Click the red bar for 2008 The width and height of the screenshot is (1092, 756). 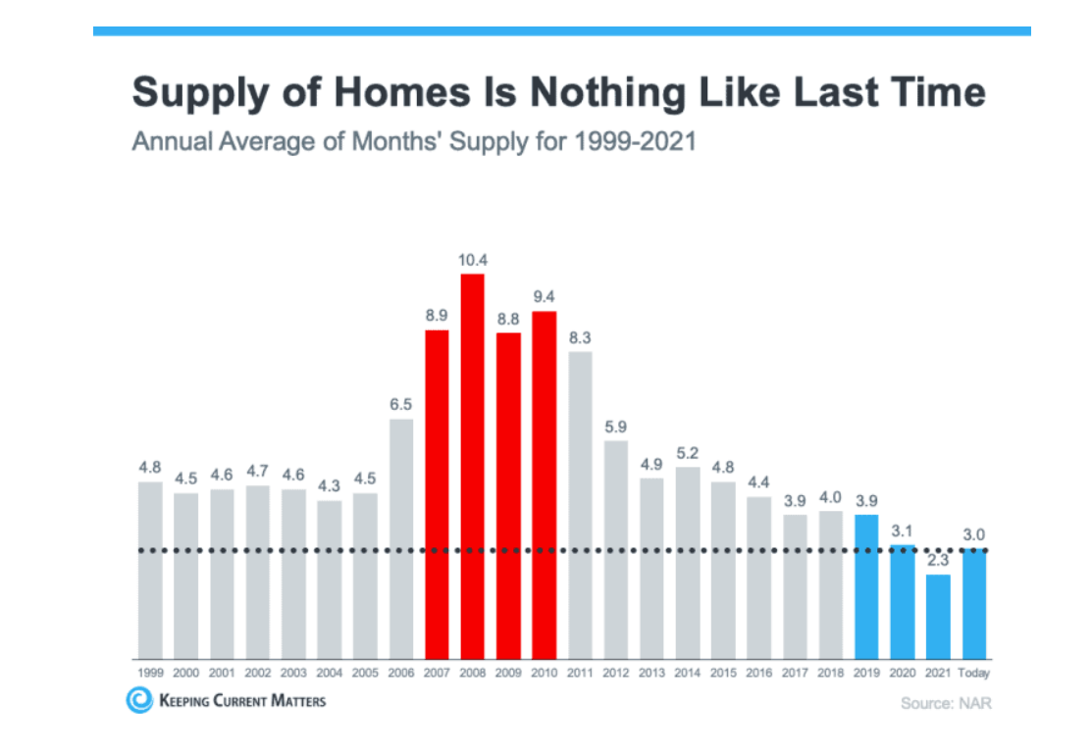click(x=473, y=466)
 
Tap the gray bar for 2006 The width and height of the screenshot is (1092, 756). click(x=400, y=538)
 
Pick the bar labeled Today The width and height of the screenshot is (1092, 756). click(x=974, y=603)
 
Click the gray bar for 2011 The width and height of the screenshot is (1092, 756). click(x=580, y=504)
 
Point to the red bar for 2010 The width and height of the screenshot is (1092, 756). click(x=545, y=484)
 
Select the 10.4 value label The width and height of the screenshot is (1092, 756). click(x=473, y=261)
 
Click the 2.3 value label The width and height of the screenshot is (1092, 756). click(x=938, y=562)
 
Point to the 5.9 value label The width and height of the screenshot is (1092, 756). click(x=616, y=427)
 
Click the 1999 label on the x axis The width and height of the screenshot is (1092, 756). click(x=150, y=674)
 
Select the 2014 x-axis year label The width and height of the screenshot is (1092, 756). click(x=688, y=674)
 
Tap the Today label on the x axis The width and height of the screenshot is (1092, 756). click(x=974, y=674)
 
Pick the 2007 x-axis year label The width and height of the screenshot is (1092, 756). click(x=437, y=674)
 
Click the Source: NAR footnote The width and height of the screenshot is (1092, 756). click(x=939, y=703)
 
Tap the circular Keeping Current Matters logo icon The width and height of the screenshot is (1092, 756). click(x=139, y=700)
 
